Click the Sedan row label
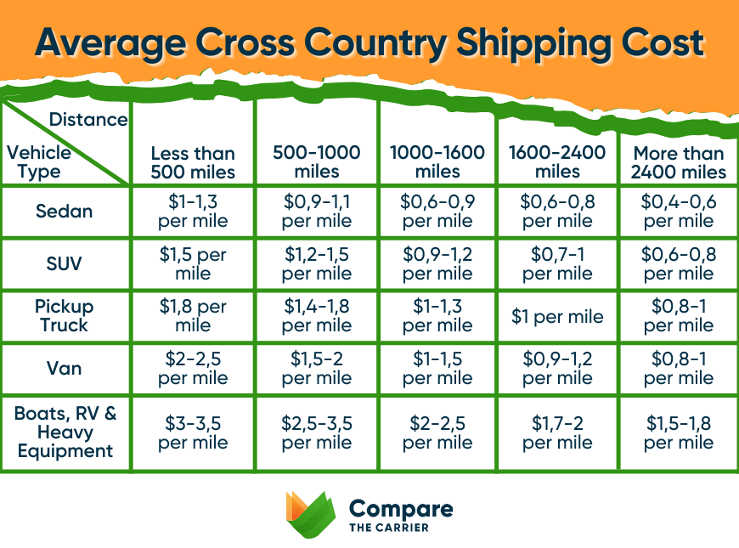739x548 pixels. (65, 212)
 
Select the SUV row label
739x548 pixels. (65, 263)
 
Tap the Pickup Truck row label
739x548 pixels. (65, 315)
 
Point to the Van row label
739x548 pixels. (65, 368)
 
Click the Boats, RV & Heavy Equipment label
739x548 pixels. (65, 432)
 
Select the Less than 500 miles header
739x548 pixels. (193, 162)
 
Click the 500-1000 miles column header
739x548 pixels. (316, 161)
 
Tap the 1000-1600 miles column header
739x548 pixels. (437, 161)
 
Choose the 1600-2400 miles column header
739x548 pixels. (557, 161)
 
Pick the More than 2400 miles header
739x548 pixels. (679, 162)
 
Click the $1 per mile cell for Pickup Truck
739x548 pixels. (557, 316)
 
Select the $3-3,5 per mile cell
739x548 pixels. (193, 432)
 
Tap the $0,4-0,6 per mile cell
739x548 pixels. (679, 212)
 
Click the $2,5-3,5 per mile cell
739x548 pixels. (316, 432)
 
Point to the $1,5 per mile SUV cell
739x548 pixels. (193, 264)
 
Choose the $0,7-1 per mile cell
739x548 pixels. (557, 264)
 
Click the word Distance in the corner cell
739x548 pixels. (88, 119)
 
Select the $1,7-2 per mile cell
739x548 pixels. (557, 432)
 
